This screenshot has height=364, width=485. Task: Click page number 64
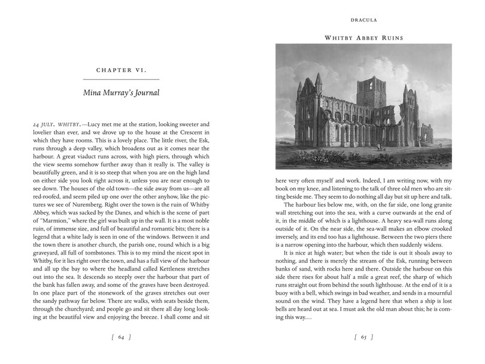121,338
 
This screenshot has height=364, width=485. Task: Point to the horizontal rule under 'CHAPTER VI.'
121,79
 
